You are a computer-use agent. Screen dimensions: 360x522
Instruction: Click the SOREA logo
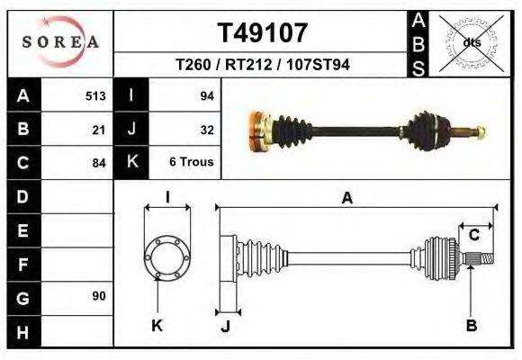point(60,42)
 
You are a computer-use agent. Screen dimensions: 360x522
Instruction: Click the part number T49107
point(262,33)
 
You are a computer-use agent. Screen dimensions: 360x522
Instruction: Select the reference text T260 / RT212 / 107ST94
point(262,66)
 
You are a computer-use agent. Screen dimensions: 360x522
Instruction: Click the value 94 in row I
point(206,95)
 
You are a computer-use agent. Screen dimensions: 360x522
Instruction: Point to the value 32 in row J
point(206,129)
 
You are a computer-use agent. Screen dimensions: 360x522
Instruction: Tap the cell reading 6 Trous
point(191,163)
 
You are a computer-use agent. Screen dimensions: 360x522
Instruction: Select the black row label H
point(23,331)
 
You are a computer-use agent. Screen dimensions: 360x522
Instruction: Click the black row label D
point(23,196)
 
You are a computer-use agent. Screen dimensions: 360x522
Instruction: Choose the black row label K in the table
point(131,163)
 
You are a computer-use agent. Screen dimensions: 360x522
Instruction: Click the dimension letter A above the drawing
point(347,199)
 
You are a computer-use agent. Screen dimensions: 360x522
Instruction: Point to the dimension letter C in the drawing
point(473,235)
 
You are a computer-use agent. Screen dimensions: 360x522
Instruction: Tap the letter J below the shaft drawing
point(226,326)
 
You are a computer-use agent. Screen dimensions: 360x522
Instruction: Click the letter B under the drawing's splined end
point(471,326)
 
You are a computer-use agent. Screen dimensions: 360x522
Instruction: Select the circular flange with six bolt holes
point(166,256)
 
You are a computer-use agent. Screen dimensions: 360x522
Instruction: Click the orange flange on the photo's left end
point(258,130)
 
